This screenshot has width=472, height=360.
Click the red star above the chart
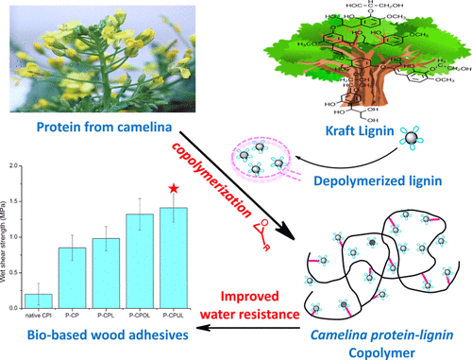(172, 189)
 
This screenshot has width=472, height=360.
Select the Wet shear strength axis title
(8, 236)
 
